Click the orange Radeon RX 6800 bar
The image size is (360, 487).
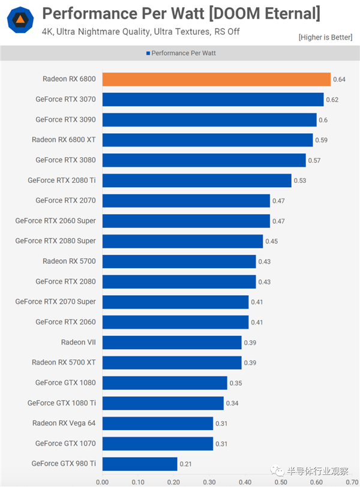click(x=216, y=79)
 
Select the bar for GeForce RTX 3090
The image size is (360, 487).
click(x=209, y=119)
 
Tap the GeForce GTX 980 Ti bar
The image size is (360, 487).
click(x=139, y=463)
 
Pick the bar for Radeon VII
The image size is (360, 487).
click(x=172, y=342)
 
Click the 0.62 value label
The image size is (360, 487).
click(x=332, y=100)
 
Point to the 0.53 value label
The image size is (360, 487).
click(x=300, y=181)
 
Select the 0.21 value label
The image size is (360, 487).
click(x=186, y=464)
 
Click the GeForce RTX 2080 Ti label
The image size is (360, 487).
click(x=62, y=180)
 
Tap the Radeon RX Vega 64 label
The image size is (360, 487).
click(x=64, y=423)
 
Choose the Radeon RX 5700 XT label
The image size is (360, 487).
click(x=64, y=362)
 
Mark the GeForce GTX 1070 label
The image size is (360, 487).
click(x=65, y=443)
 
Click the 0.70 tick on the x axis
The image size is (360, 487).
click(x=352, y=481)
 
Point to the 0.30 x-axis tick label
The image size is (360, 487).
click(x=209, y=481)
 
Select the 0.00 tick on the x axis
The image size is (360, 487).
click(x=103, y=481)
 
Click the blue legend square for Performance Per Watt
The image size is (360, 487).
click(x=148, y=53)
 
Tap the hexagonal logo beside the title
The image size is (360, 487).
click(x=20, y=19)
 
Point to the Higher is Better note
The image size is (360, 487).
click(x=325, y=37)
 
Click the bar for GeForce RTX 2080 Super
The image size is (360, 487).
click(x=182, y=241)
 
